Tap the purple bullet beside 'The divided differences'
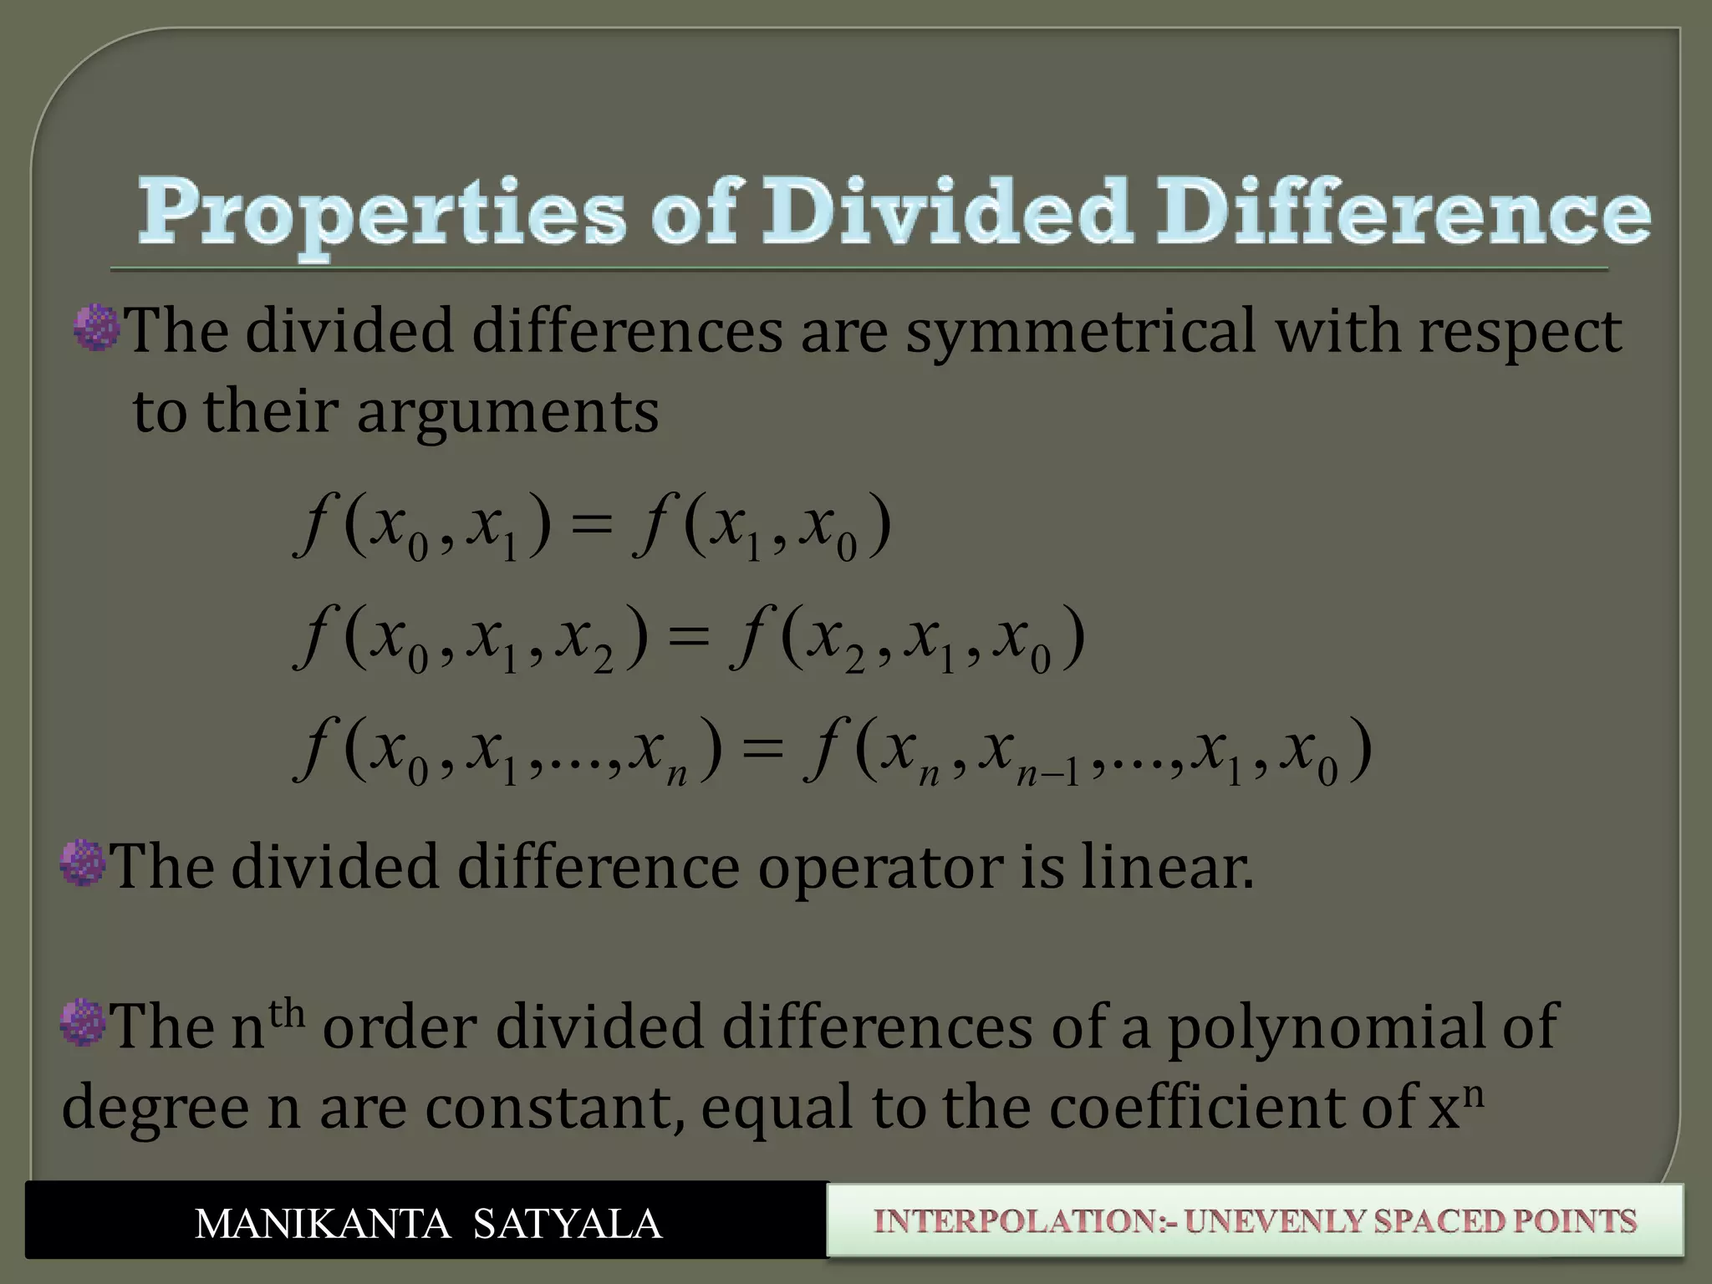click(x=97, y=328)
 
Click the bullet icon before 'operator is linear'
click(x=84, y=863)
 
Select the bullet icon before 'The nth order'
click(x=84, y=1022)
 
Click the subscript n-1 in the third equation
click(x=1047, y=773)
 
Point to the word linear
click(x=1167, y=868)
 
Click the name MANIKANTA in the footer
click(x=323, y=1224)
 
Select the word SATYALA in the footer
click(x=568, y=1224)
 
